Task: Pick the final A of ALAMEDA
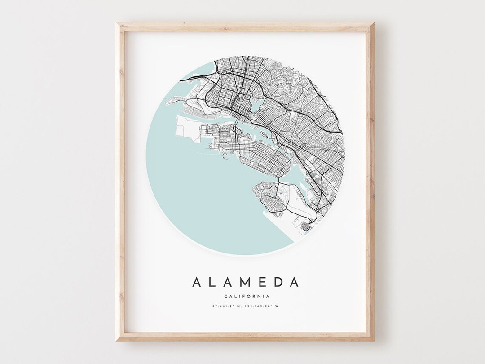[x=294, y=282]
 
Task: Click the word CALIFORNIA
[x=246, y=296]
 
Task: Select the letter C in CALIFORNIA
[x=223, y=296]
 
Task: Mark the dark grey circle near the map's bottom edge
[x=307, y=227]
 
